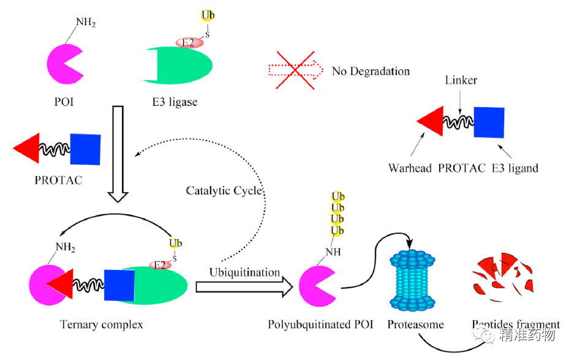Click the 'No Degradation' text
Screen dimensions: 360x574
point(371,71)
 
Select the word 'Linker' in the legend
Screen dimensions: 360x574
point(461,80)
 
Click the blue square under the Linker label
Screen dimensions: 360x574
point(489,122)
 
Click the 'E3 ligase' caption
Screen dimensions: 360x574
point(175,102)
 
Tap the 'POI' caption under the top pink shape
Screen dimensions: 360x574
point(64,102)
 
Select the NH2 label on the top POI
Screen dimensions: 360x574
point(86,23)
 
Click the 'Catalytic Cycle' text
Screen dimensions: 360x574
point(224,191)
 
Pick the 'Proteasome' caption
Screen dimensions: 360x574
point(415,324)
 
